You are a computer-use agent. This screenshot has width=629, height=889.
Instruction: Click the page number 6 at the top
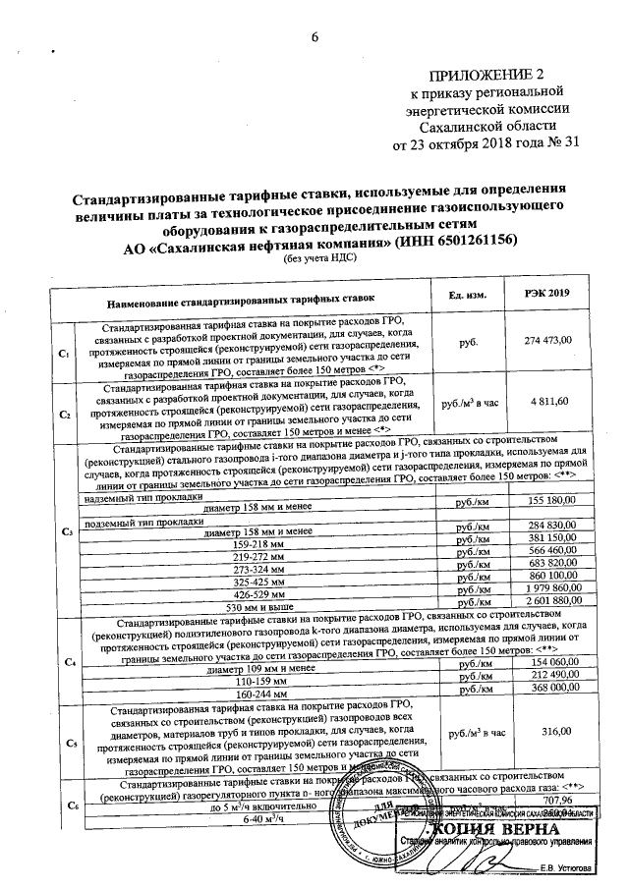click(315, 37)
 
